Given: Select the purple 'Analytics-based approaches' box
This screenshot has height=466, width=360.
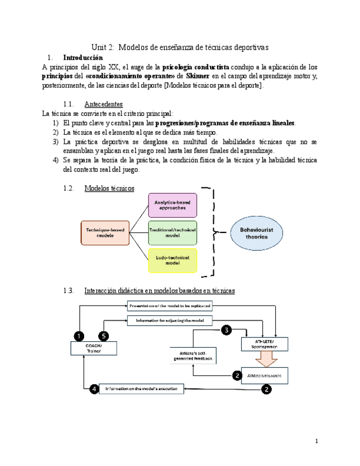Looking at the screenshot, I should pyautogui.click(x=173, y=205).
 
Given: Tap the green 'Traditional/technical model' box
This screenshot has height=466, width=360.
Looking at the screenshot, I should pyautogui.click(x=173, y=232).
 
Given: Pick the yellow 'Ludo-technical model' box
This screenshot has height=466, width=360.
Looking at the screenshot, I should pyautogui.click(x=173, y=260).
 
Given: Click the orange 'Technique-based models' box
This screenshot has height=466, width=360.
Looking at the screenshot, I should pyautogui.click(x=104, y=232).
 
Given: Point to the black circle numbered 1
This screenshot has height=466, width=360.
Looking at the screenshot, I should pyautogui.click(x=79, y=335).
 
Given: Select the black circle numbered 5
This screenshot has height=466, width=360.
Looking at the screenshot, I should pyautogui.click(x=104, y=335).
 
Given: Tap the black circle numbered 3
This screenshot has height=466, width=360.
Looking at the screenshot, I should pyautogui.click(x=226, y=330).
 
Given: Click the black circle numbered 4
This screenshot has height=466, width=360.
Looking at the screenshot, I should pyautogui.click(x=95, y=389).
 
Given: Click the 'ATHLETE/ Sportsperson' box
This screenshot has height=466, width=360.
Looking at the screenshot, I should pyautogui.click(x=264, y=344).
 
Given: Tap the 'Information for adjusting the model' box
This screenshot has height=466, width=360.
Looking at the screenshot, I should pyautogui.click(x=170, y=320).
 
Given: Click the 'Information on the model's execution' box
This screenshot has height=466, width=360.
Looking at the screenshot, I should pyautogui.click(x=141, y=389).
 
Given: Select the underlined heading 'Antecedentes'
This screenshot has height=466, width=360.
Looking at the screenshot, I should pyautogui.click(x=103, y=104).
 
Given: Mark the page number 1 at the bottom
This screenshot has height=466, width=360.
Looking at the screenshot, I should pyautogui.click(x=317, y=441).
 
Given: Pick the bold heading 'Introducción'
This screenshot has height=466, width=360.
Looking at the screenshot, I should pyautogui.click(x=82, y=57).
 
